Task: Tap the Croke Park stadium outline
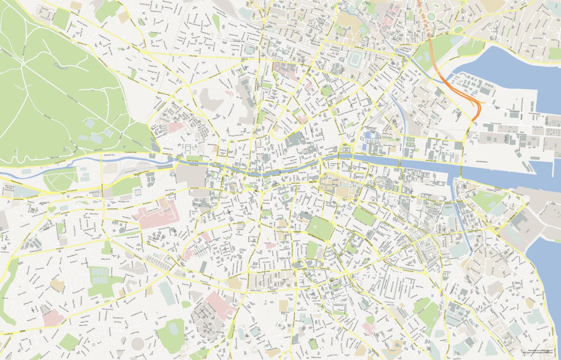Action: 355,60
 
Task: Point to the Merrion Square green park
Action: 364,216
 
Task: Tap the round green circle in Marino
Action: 431,17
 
